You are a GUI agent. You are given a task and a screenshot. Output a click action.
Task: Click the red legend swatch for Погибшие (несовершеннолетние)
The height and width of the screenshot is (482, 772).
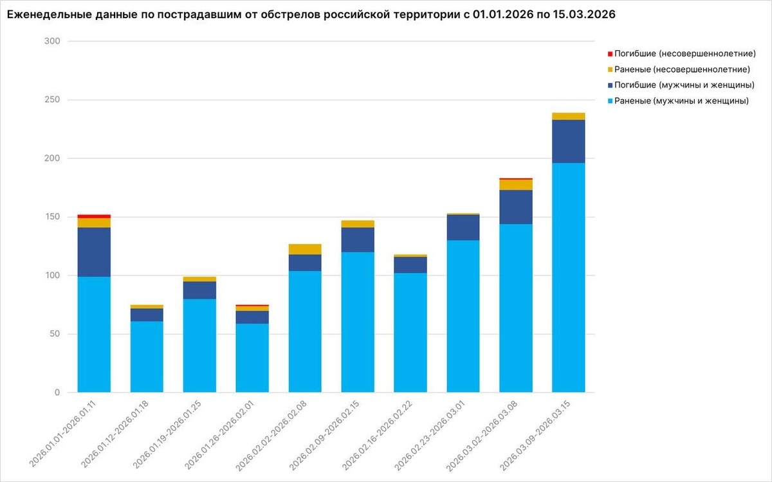coord(610,53)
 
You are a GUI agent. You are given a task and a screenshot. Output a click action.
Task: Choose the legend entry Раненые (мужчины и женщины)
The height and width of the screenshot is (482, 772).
coord(681,101)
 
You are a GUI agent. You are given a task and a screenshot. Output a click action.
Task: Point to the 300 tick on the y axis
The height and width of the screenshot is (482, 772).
coord(52,41)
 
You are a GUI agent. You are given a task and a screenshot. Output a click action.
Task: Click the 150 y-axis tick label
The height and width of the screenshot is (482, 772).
coord(52,217)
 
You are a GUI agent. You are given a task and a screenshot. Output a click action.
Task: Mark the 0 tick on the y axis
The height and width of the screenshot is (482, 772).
coord(57,393)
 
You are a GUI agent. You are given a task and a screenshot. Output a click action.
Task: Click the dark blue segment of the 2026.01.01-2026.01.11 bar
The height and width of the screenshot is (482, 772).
coord(94,252)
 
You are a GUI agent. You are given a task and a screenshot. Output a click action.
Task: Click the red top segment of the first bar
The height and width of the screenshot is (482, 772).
coord(94,216)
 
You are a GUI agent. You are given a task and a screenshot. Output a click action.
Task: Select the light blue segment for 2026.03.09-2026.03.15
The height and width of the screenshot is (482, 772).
coord(569,277)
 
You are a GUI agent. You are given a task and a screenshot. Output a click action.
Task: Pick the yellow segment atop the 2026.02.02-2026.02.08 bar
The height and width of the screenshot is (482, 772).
coord(305,249)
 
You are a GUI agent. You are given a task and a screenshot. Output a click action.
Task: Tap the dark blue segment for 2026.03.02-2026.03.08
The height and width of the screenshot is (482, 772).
coord(516,207)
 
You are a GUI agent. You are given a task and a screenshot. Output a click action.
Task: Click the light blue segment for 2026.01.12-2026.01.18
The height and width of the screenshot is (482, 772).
coord(147,357)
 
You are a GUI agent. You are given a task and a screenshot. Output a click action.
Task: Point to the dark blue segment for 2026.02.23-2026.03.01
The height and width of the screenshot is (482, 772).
coord(463,227)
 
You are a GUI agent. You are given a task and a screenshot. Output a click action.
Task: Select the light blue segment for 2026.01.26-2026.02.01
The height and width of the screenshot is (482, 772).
coord(252,358)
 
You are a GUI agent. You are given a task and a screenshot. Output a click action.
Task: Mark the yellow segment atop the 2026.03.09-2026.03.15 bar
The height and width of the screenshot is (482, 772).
coord(569,116)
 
